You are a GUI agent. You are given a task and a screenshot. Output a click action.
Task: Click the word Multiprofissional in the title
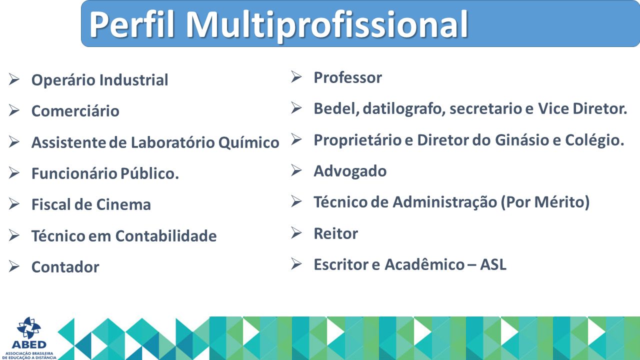327,25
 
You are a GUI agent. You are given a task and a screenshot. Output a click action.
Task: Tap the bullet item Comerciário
75,111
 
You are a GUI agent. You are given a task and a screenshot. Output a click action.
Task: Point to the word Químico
248,142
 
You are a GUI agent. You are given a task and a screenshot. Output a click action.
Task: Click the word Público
149,173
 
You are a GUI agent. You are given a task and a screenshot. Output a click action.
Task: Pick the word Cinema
123,204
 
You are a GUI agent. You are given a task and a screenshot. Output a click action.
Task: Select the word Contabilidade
166,236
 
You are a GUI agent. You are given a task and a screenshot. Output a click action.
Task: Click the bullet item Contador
65,267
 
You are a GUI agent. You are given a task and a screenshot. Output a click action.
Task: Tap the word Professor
347,77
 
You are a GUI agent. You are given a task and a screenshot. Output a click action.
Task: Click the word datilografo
404,109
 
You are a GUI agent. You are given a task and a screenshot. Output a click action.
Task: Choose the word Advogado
350,171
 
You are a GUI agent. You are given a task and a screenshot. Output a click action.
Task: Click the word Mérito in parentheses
558,202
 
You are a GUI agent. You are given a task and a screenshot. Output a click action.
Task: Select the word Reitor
335,233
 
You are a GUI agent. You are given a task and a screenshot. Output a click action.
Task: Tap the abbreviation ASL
493,264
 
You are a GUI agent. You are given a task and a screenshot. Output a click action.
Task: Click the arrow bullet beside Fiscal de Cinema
14,203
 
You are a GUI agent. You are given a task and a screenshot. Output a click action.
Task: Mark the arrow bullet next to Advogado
296,170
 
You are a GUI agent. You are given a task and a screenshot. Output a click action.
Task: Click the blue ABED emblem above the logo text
29,327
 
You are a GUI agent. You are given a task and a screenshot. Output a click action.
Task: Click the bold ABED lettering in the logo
29,345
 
